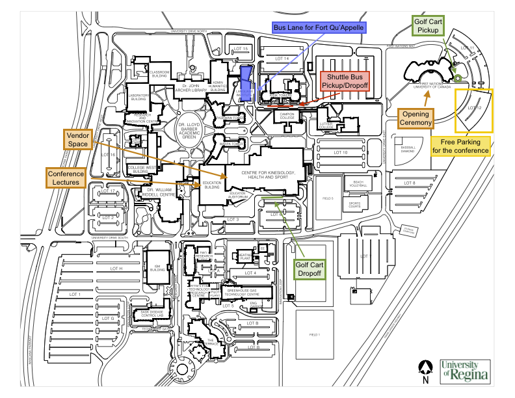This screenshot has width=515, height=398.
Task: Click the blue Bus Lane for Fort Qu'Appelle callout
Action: click(x=319, y=28)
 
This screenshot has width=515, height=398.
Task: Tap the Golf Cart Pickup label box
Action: click(x=429, y=26)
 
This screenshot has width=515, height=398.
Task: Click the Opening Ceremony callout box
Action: click(x=415, y=118)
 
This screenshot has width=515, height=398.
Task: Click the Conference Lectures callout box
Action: click(x=66, y=178)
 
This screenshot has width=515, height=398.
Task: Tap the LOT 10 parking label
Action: click(x=340, y=152)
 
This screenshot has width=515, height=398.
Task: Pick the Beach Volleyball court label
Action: click(x=358, y=183)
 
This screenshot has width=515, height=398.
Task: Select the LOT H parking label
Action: click(x=116, y=269)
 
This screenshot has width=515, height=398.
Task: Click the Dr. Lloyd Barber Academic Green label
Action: click(x=192, y=129)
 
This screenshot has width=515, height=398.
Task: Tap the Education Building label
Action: click(x=212, y=185)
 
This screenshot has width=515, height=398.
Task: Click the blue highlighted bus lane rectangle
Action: click(x=246, y=83)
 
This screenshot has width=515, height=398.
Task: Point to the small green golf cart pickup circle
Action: click(x=457, y=79)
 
